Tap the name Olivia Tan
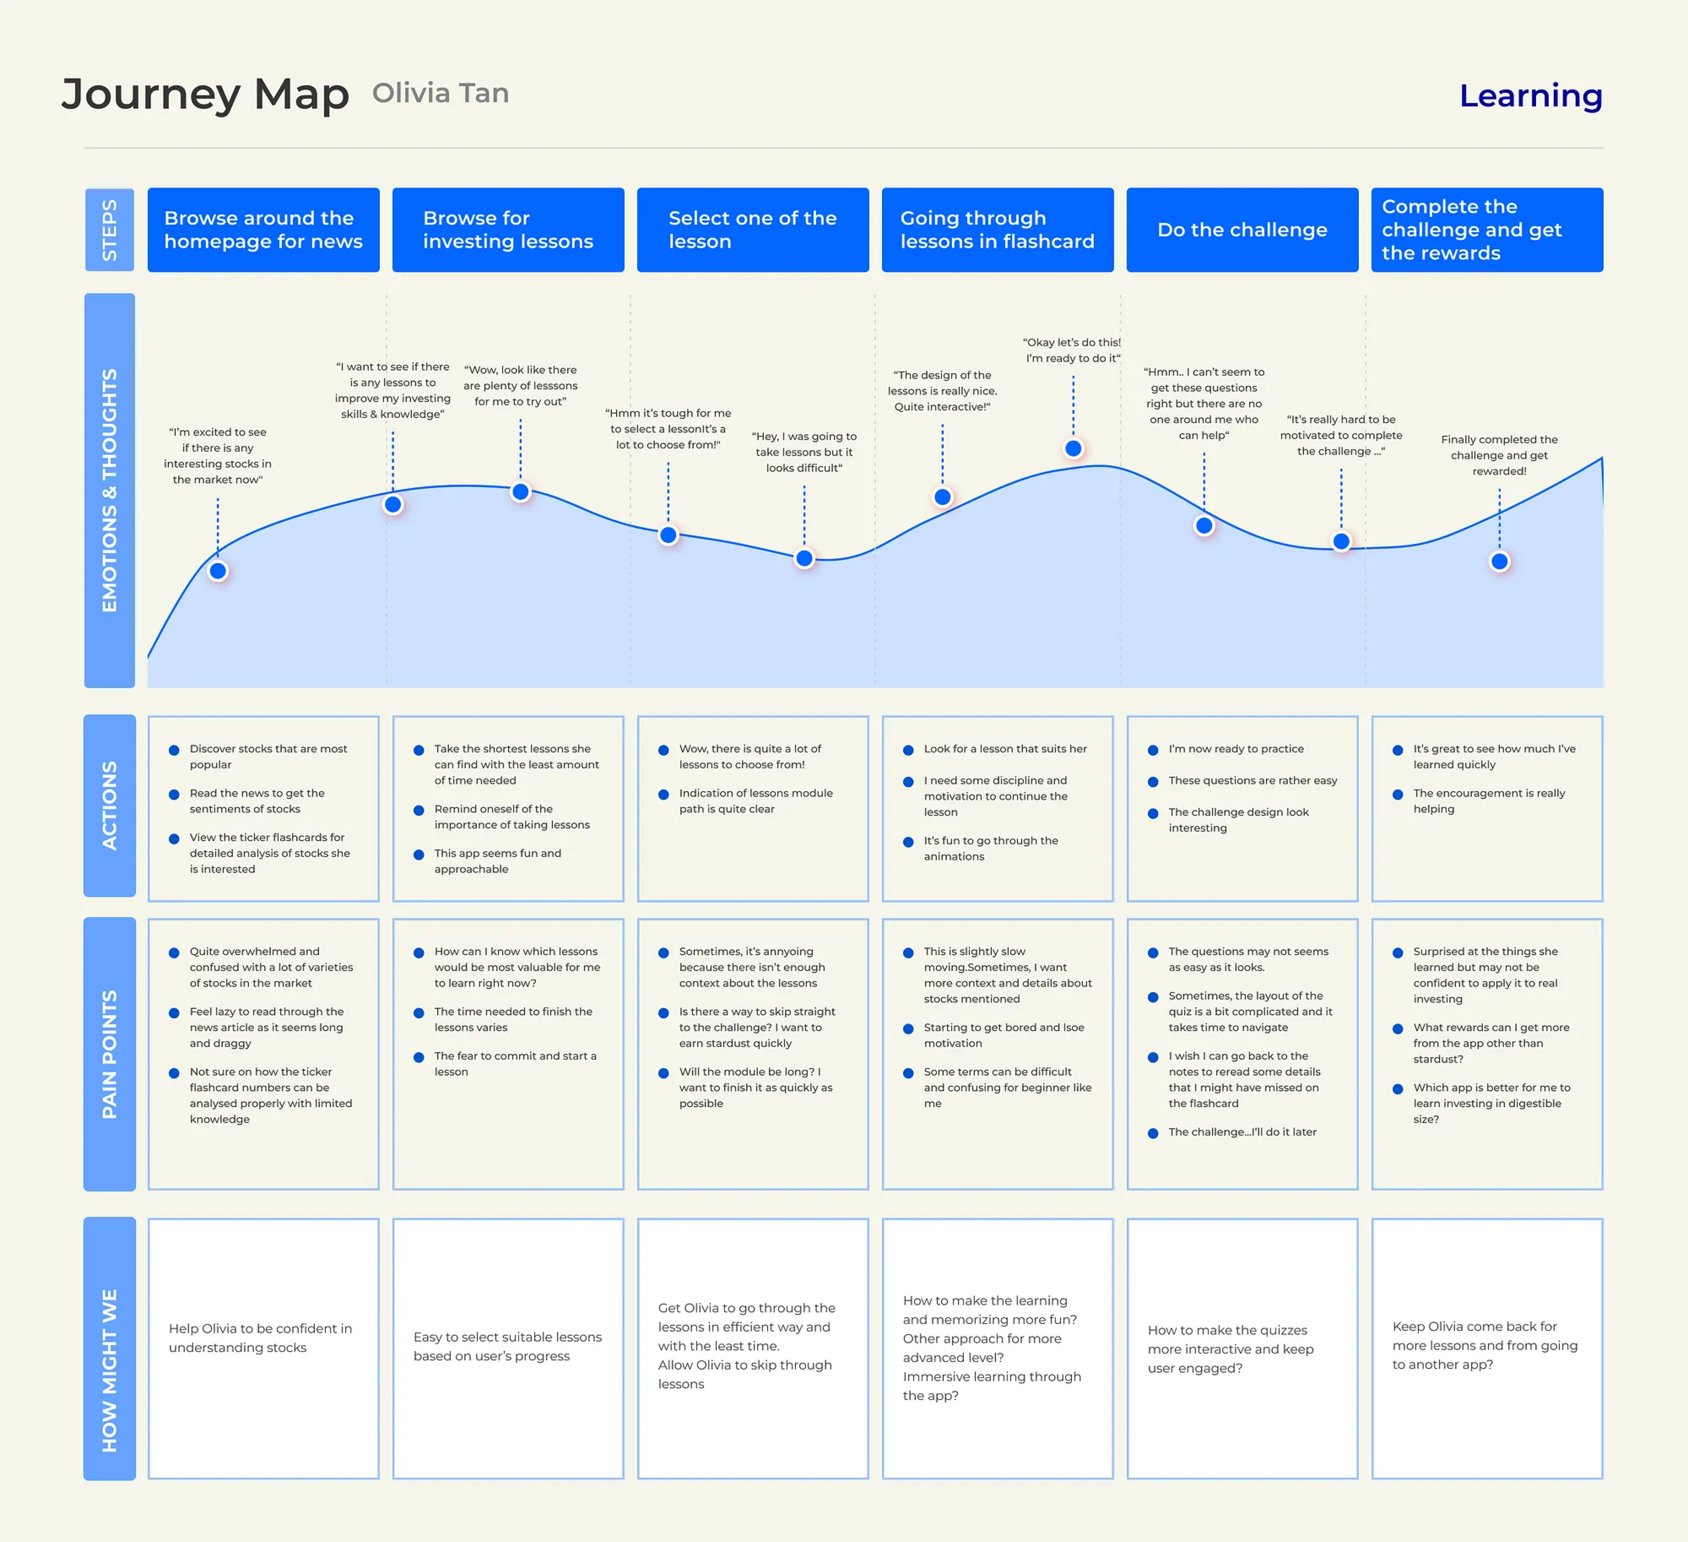(x=441, y=93)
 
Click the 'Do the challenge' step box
(x=1242, y=230)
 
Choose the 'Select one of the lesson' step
(x=752, y=230)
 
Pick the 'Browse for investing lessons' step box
(x=507, y=230)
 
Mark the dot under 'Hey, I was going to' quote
(x=804, y=558)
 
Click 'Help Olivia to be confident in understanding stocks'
(x=260, y=1338)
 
